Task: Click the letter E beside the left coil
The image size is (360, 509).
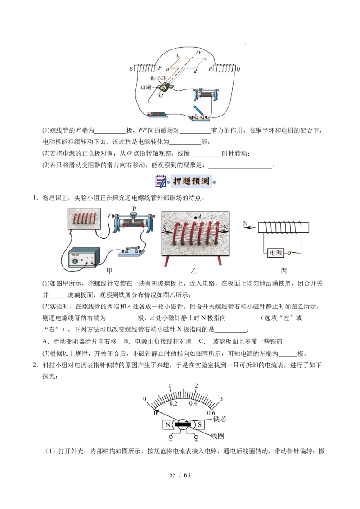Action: pos(131,69)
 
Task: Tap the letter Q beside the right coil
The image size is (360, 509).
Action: pos(238,69)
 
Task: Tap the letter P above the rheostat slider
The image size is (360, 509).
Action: pos(134,209)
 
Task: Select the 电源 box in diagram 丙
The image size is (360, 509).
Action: pos(275,253)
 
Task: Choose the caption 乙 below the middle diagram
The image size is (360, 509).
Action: pos(194,271)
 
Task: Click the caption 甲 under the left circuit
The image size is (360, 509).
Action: pos(108,271)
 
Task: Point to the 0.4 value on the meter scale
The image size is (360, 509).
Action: pos(193,403)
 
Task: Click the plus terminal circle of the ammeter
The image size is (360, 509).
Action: pos(196,437)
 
